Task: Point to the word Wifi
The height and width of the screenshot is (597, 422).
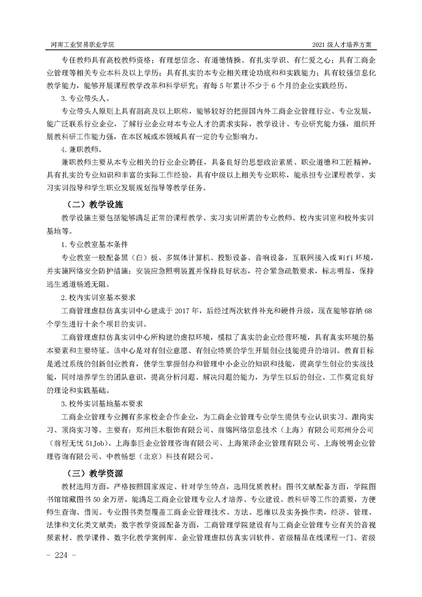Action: [x=337, y=258]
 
